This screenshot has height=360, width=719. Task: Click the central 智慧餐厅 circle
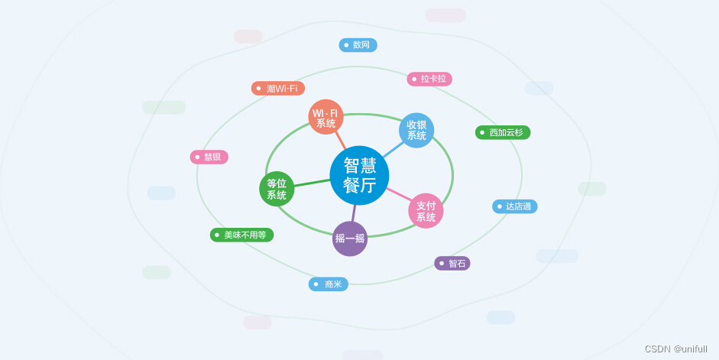click(359, 175)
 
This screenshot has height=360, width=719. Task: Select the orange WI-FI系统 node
click(325, 117)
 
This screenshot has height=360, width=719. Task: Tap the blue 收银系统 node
click(416, 130)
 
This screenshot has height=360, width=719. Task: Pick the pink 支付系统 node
click(426, 211)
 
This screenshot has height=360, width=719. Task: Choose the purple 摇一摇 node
click(350, 238)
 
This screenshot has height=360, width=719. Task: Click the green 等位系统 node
click(277, 189)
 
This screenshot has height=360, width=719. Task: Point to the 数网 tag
click(358, 45)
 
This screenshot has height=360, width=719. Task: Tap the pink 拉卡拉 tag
click(429, 79)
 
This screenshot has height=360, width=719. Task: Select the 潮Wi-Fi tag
click(278, 89)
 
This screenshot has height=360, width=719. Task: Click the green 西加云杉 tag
click(503, 132)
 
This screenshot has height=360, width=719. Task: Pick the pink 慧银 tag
click(209, 157)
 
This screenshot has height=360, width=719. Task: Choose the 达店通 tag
click(514, 206)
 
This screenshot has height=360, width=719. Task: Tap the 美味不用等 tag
click(241, 235)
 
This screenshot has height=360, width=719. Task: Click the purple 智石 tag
click(452, 263)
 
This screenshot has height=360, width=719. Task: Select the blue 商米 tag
click(329, 284)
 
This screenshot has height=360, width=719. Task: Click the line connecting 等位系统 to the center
click(312, 183)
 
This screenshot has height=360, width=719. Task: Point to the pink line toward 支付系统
click(399, 195)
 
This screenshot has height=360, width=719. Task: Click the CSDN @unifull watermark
click(675, 349)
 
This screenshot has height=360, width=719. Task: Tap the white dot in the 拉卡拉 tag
click(414, 79)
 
